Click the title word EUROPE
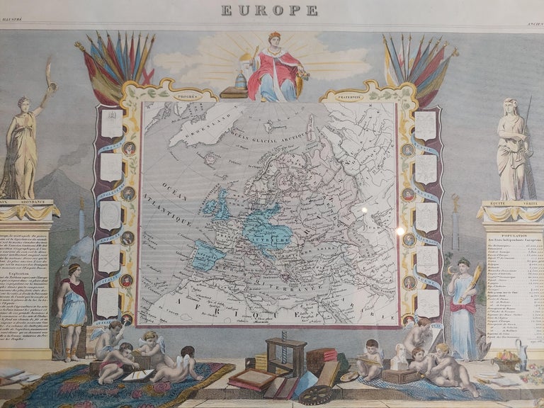coord(269,10)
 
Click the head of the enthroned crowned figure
coord(273,39)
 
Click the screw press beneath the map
coord(285,353)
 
